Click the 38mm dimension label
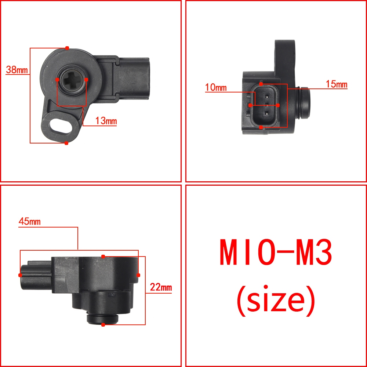click(17, 70)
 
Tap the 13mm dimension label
click(106, 121)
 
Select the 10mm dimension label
click(216, 87)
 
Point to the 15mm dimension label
click(337, 84)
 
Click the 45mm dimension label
click(29, 221)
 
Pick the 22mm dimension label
click(161, 287)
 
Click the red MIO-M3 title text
click(276, 252)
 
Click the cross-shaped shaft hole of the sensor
click(72, 80)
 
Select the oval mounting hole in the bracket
click(61, 126)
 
